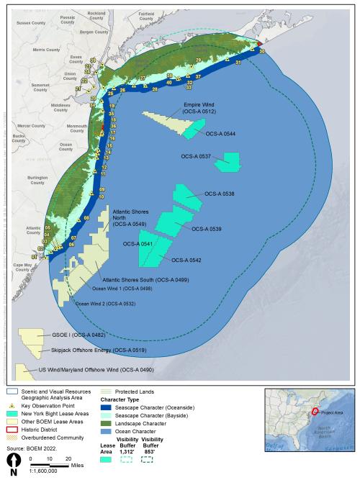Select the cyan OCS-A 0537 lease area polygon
(x=232, y=161)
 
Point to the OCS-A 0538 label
(x=220, y=194)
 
